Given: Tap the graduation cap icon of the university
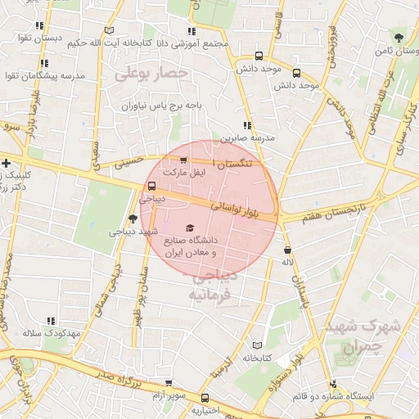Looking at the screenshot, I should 190,227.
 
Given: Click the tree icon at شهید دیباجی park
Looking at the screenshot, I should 133,219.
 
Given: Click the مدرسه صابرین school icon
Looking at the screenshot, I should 246,125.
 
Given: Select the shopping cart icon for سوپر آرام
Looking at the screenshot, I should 169,382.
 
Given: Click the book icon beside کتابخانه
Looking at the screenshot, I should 259,345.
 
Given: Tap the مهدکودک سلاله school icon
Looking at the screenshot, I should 50,322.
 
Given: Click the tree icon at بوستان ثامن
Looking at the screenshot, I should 399,38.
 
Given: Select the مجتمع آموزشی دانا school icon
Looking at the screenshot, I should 192,31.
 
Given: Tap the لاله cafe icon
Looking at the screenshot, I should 286,249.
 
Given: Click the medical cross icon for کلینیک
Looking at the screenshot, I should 7,163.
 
